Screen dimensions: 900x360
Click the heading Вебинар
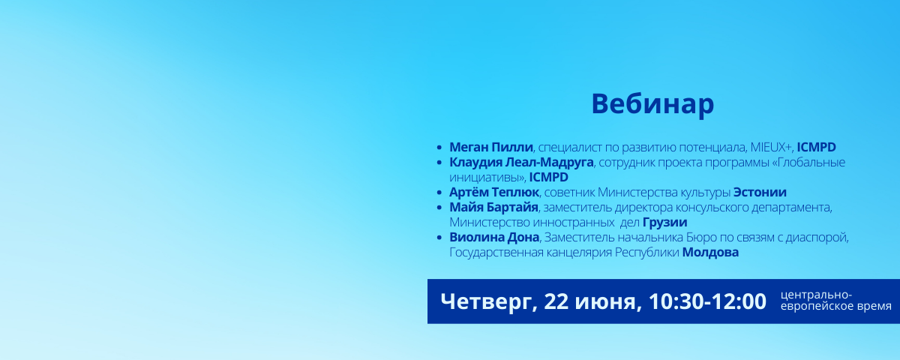point(652,104)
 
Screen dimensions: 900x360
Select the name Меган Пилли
point(491,148)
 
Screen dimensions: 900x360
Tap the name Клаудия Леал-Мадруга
point(521,162)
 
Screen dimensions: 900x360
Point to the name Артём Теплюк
point(494,192)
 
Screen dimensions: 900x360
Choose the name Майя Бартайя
point(493,207)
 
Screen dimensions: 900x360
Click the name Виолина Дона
point(494,237)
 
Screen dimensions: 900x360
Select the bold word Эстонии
point(760,192)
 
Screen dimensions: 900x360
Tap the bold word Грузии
point(665,222)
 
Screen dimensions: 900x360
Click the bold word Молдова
point(710,252)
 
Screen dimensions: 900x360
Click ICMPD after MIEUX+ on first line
point(816,148)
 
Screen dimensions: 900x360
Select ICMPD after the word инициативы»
point(548,177)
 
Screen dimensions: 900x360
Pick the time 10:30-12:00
point(707,301)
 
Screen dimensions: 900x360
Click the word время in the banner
point(874,307)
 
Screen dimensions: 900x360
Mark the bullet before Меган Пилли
point(439,148)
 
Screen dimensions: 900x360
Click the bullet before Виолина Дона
point(439,238)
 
